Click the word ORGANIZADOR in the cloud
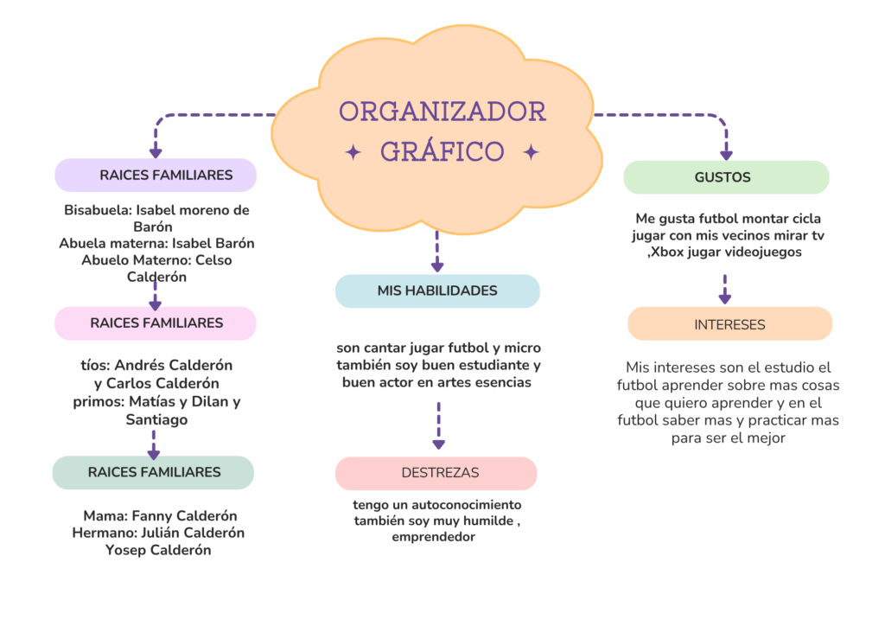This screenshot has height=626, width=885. click(x=442, y=112)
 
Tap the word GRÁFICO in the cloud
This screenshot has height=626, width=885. click(x=442, y=151)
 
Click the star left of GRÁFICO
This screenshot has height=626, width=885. click(x=353, y=153)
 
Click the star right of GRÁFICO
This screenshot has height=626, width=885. click(x=532, y=153)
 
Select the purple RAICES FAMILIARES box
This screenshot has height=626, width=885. click(x=156, y=175)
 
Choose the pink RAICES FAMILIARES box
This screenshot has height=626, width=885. click(x=156, y=323)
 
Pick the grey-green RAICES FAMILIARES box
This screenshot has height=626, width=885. click(x=153, y=472)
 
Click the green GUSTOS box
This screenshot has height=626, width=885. click(x=725, y=177)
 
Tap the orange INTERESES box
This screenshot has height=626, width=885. click(x=729, y=324)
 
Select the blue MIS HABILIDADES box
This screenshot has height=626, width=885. click(x=437, y=291)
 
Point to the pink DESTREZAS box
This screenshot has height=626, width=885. click(x=436, y=473)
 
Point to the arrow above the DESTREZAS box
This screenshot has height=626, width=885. click(x=438, y=425)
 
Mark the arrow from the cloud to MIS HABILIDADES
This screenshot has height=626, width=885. click(x=437, y=252)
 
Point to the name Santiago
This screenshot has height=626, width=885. click(x=156, y=419)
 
